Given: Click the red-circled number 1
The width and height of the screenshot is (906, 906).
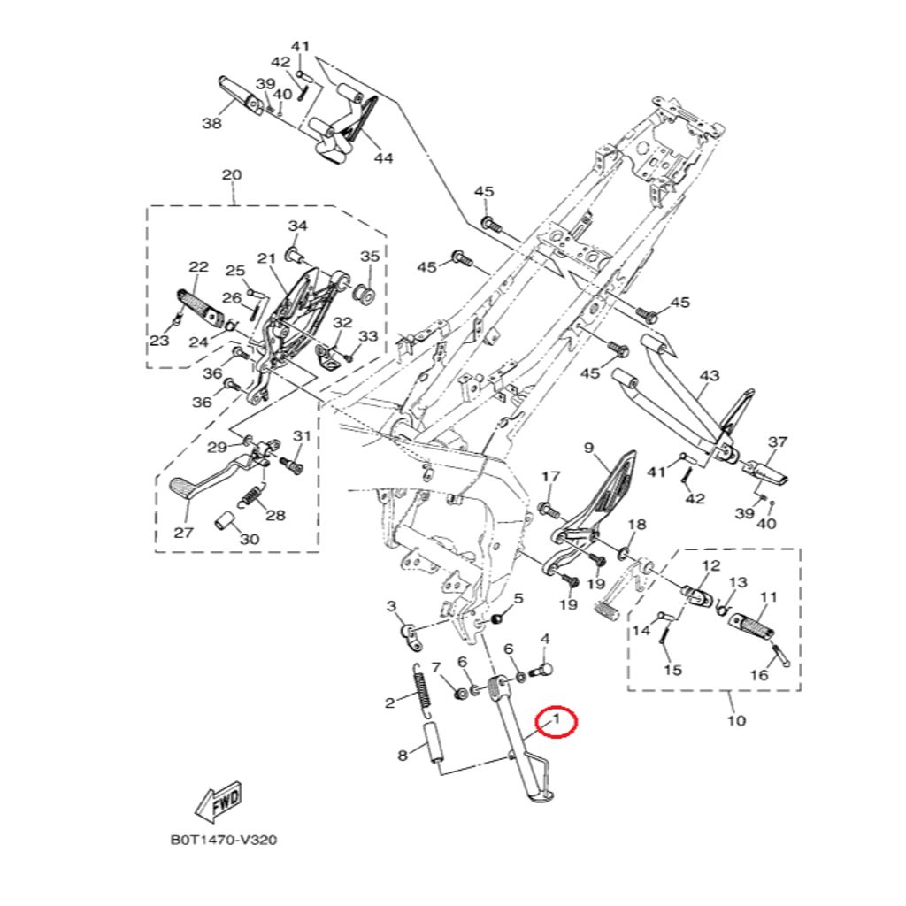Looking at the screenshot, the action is coord(557,720).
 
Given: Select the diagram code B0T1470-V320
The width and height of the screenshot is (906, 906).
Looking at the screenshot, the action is coord(224,840).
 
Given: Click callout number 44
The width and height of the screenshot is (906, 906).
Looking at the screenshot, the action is coord(383,157).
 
